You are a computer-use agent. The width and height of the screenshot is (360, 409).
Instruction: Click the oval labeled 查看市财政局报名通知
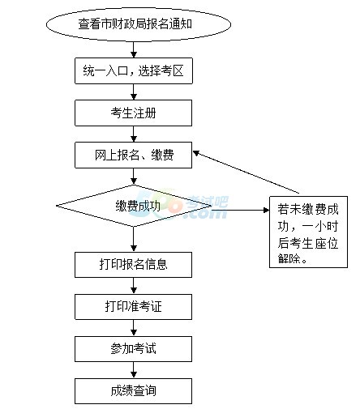point(139,24)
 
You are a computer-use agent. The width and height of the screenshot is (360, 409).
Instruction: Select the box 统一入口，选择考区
point(134,70)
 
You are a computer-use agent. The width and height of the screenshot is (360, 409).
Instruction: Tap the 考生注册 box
point(134,113)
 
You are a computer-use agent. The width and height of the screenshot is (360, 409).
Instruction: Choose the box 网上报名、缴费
point(134,155)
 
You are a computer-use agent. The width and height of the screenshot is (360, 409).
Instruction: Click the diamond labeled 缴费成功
point(134,206)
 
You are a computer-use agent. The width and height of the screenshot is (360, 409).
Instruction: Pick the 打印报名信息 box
point(134,265)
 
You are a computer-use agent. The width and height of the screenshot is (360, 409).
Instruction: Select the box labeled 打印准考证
point(134,307)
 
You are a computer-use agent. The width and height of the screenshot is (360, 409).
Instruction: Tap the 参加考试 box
point(134,349)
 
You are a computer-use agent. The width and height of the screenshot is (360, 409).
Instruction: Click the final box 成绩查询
point(134,391)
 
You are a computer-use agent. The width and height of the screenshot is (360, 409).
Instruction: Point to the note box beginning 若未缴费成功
point(308,232)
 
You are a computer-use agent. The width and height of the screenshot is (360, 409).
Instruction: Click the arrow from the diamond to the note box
point(241,210)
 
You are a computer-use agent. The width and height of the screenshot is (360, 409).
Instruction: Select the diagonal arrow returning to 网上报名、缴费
point(246,172)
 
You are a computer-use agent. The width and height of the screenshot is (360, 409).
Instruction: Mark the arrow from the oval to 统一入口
point(134,49)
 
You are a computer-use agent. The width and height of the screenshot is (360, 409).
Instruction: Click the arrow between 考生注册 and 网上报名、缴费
point(134,134)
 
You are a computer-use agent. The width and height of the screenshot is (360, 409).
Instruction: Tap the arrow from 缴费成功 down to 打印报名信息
point(134,240)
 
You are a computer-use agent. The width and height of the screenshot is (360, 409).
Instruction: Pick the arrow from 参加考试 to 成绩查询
point(134,370)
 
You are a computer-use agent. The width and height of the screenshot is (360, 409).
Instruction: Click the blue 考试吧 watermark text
point(208,202)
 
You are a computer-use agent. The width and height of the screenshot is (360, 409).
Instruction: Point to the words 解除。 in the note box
point(293,258)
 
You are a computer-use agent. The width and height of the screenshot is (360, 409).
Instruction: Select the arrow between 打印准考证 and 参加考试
point(134,328)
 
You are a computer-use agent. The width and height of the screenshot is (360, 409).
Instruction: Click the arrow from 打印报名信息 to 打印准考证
point(134,286)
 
